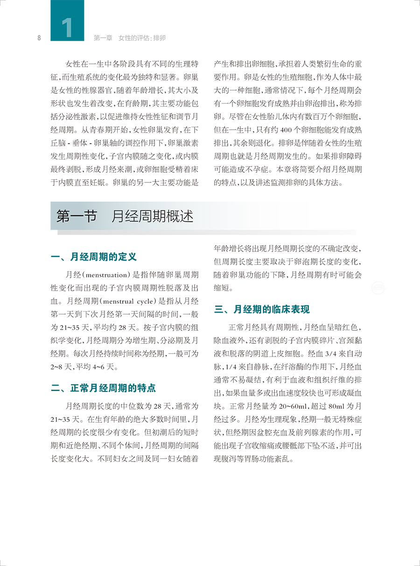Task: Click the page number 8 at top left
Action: [40, 38]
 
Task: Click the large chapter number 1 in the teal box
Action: [67, 27]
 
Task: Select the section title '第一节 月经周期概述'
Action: [125, 217]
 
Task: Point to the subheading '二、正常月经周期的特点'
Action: [103, 388]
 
